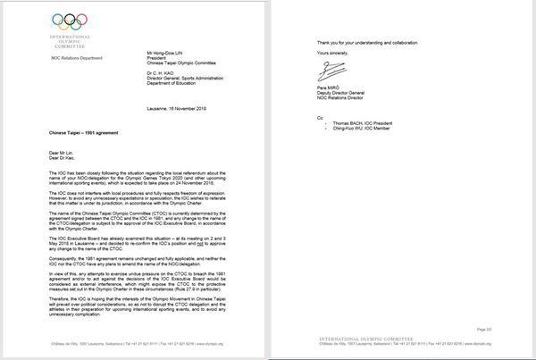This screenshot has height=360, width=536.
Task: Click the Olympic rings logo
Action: pyautogui.click(x=46, y=20)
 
